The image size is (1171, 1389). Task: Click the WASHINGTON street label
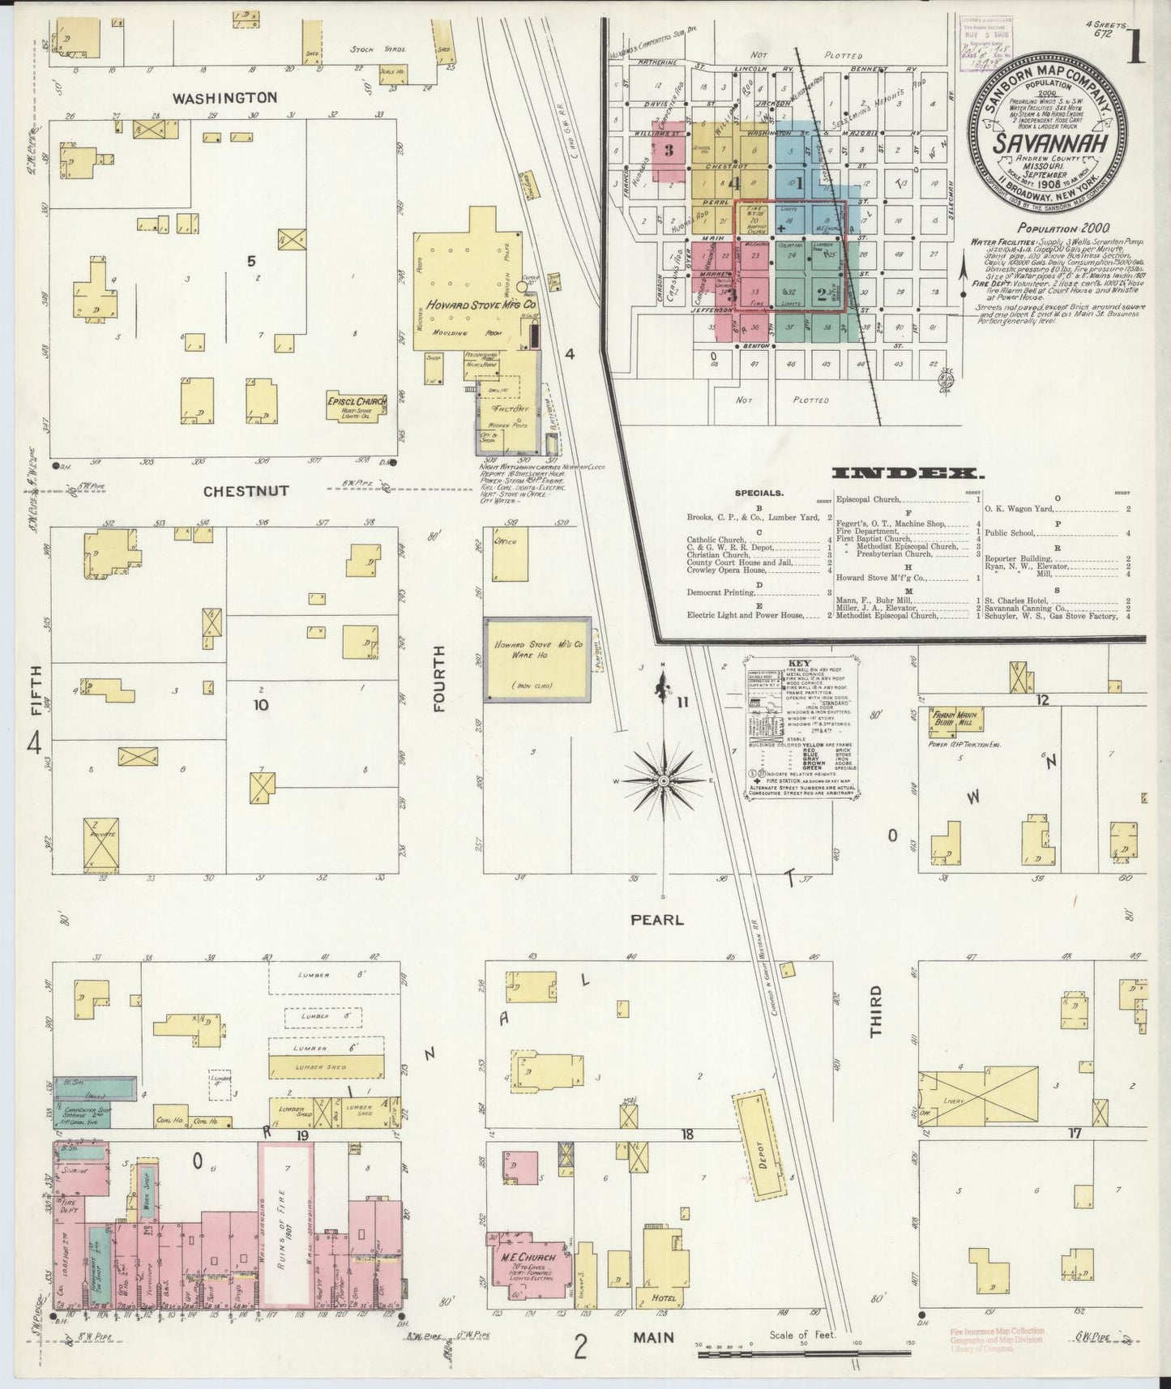pyautogui.click(x=224, y=97)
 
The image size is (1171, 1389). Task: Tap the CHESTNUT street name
pyautogui.click(x=246, y=491)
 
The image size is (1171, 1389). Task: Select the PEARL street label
pyautogui.click(x=657, y=920)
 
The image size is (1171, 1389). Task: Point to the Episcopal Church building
pyautogui.click(x=357, y=406)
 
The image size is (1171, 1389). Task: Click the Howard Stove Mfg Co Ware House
pyautogui.click(x=536, y=659)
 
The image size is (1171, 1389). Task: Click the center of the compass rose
pyautogui.click(x=664, y=780)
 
